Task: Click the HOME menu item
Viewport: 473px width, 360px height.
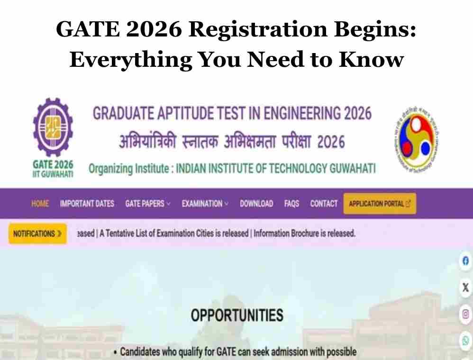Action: (x=40, y=204)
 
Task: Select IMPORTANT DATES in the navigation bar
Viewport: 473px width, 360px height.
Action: (x=87, y=204)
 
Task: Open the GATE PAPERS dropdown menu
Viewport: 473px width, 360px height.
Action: (x=148, y=204)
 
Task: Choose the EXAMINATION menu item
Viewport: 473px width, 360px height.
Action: (x=205, y=204)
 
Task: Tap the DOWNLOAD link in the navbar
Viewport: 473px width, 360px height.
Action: (x=256, y=204)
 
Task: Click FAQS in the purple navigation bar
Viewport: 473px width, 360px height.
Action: (x=291, y=204)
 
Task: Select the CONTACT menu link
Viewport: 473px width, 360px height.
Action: (x=324, y=204)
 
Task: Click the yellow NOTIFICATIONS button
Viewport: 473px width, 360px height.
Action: (x=37, y=234)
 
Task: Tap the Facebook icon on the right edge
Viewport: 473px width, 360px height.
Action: (x=465, y=261)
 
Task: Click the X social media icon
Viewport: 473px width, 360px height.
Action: (x=465, y=288)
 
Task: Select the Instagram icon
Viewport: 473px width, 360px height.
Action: (x=465, y=314)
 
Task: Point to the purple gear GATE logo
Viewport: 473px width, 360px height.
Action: (x=53, y=127)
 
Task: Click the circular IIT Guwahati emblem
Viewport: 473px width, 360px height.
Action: (x=416, y=139)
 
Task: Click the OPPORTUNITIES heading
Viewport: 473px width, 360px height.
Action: (x=237, y=315)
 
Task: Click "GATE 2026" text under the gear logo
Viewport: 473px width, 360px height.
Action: (x=53, y=165)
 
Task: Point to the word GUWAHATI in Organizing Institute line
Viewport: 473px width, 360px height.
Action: (x=353, y=168)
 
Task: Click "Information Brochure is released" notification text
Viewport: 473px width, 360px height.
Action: (x=304, y=234)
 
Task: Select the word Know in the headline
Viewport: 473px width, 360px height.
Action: (x=371, y=59)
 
